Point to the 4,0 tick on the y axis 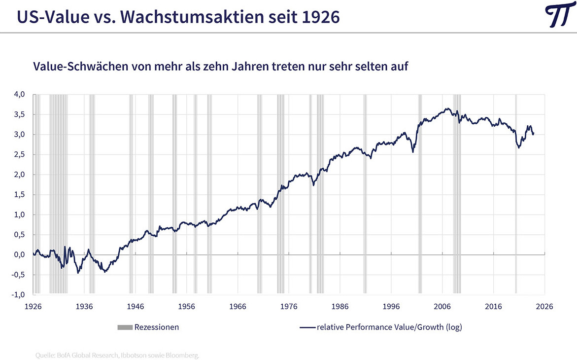tap(18, 94)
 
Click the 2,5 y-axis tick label tap(18, 154)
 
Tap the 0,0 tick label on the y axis tap(18, 254)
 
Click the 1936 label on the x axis tap(84, 306)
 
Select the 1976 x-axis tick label tap(289, 306)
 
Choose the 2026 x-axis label tap(544, 306)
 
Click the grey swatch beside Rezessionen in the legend tap(125, 327)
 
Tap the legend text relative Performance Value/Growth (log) tap(389, 327)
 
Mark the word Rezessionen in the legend tap(157, 327)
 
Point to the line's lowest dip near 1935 tap(78, 273)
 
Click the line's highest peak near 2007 tap(447, 108)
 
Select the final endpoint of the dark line tap(534, 133)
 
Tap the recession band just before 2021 tap(516, 197)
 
